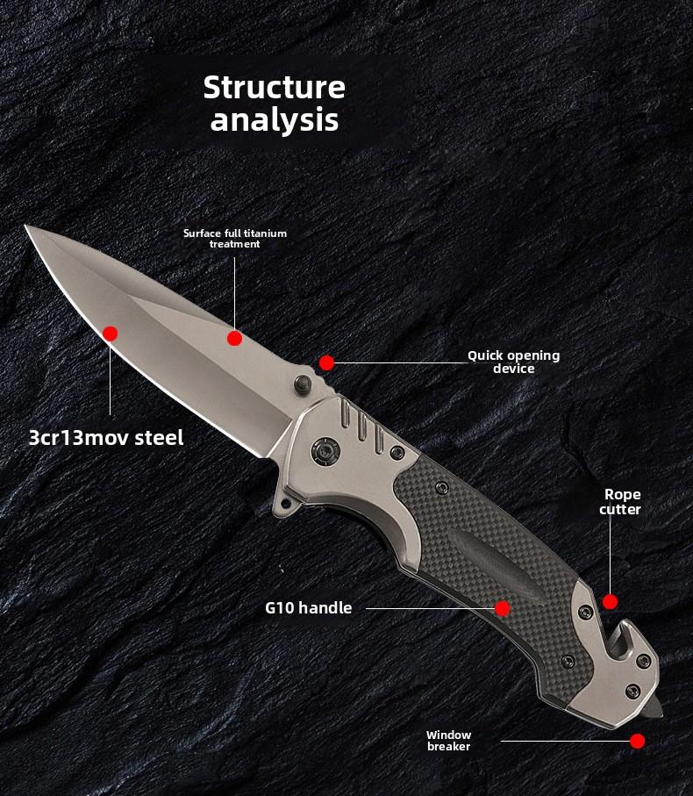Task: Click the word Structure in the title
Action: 275,88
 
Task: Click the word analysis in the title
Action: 275,120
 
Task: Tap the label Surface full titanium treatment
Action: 235,238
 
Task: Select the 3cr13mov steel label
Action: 106,437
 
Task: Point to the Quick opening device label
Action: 513,362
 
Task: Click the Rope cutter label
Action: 621,502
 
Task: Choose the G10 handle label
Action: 308,607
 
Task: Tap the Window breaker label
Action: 449,740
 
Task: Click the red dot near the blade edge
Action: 110,333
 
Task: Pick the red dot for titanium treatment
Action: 234,338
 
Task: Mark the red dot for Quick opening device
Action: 326,362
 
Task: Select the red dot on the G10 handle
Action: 503,608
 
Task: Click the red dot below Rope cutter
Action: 610,602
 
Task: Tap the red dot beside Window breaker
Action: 638,742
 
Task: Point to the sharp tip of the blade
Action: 28,227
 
